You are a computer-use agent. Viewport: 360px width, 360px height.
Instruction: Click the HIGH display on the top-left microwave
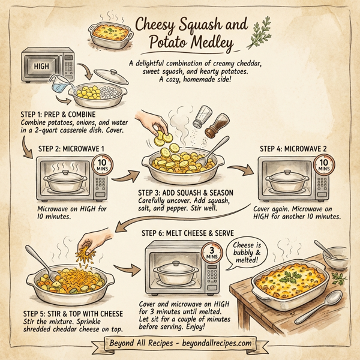(x=42, y=66)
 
